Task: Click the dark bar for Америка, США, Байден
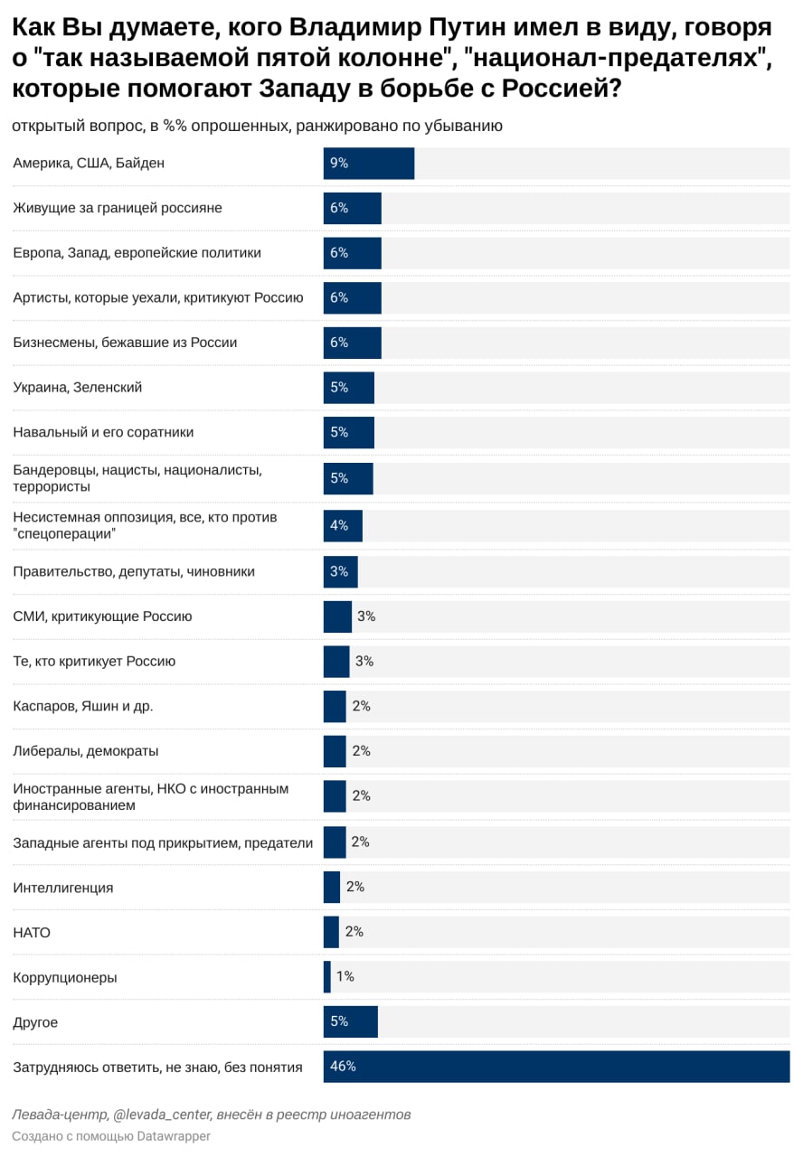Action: [369, 164]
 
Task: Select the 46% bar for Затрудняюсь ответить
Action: [556, 1067]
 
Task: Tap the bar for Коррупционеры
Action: [327, 977]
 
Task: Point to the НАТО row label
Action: [32, 932]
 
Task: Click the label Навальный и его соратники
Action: [103, 432]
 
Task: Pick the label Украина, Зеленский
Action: [78, 387]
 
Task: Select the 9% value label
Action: [339, 164]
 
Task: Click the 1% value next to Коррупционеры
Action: [345, 977]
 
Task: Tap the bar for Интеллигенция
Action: [332, 888]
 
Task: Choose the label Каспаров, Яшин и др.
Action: [83, 706]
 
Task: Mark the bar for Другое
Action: [351, 1022]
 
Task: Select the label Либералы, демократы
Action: [86, 751]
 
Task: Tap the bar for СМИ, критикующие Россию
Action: [337, 616]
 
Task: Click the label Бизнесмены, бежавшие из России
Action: [125, 343]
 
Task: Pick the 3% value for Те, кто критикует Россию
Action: [364, 662]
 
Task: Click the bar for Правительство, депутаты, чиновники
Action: [341, 571]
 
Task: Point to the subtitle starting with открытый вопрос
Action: [257, 126]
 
